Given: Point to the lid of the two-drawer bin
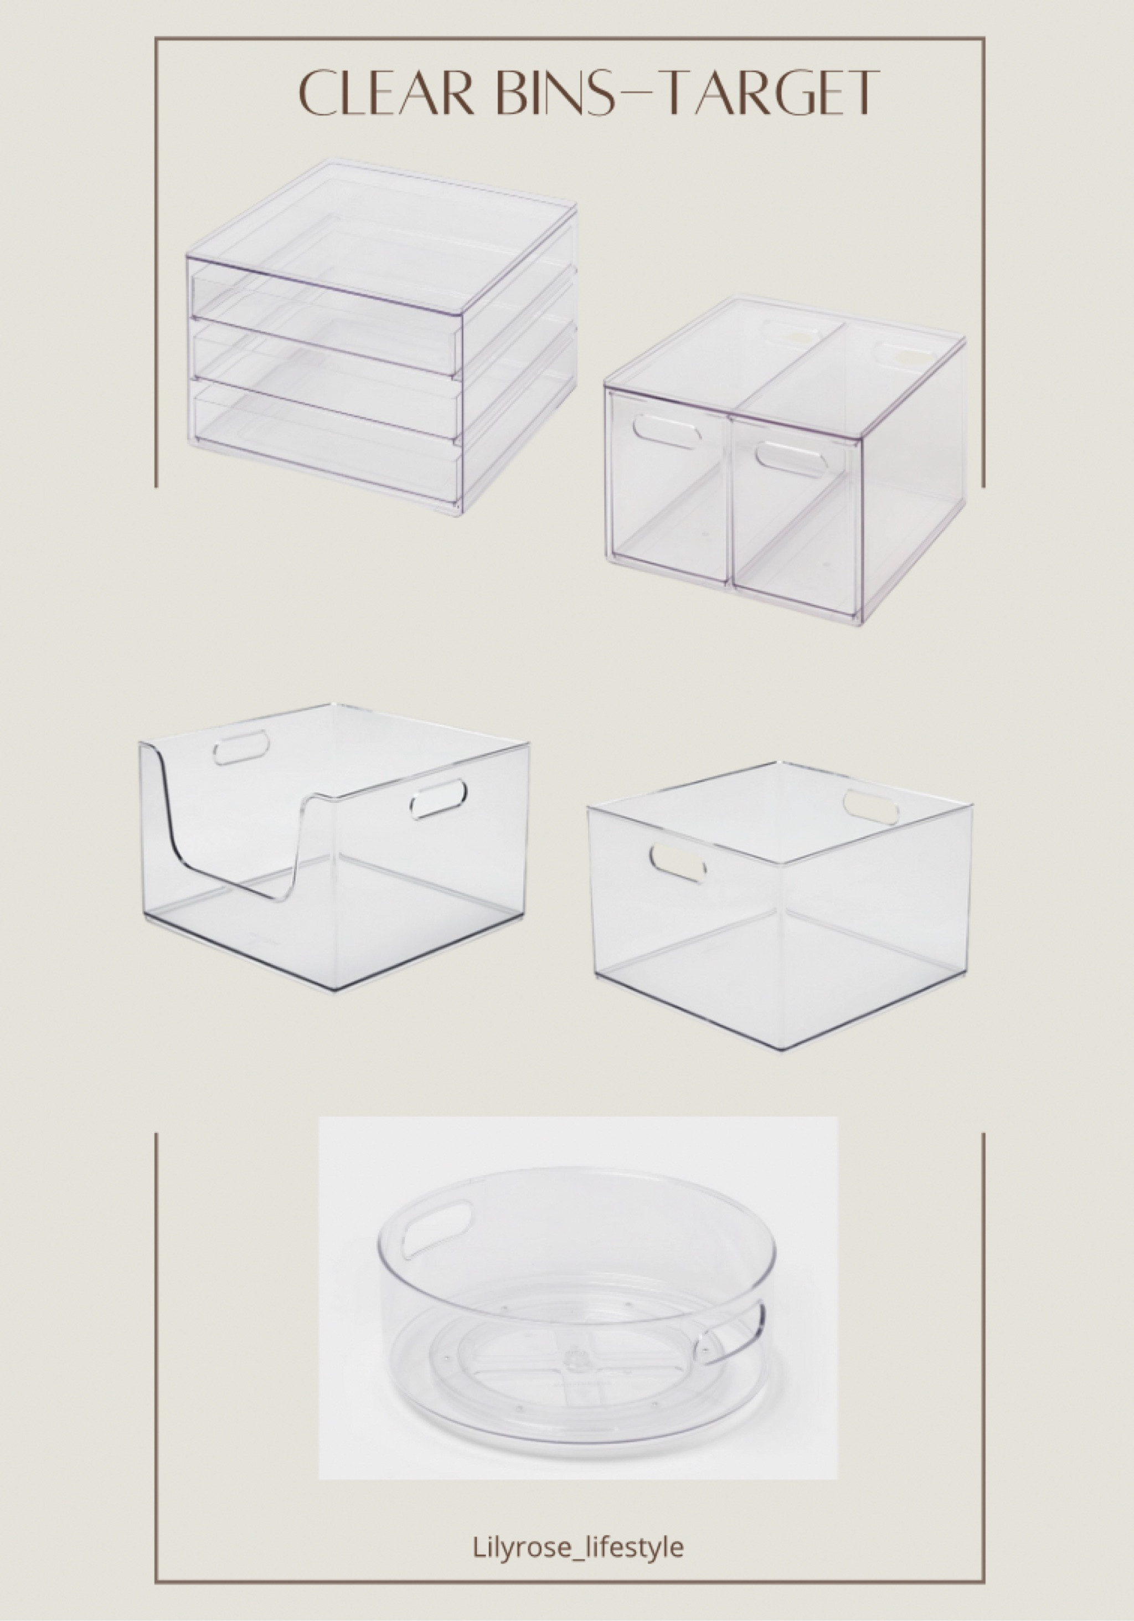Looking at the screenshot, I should click(784, 353).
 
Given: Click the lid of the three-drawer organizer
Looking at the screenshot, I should click(382, 212).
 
